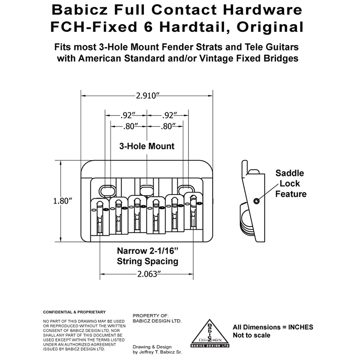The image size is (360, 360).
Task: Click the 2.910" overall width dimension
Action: pos(148,96)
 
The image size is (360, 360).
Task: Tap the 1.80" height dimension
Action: pos(63,201)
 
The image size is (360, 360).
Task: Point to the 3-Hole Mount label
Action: pos(147,146)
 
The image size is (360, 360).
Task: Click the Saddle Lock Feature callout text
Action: pos(291,183)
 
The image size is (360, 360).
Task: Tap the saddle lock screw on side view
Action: pos(256,201)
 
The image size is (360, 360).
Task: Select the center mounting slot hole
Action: pos(147,190)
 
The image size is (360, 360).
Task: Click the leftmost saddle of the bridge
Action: pos(100,217)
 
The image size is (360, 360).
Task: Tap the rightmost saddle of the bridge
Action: pos(193,211)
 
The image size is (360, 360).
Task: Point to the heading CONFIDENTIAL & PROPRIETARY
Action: pos(74,312)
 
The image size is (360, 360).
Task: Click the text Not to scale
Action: pos(252,335)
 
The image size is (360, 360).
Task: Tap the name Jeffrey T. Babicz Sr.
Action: pos(160,352)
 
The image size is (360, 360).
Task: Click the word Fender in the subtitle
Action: pos(177,47)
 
